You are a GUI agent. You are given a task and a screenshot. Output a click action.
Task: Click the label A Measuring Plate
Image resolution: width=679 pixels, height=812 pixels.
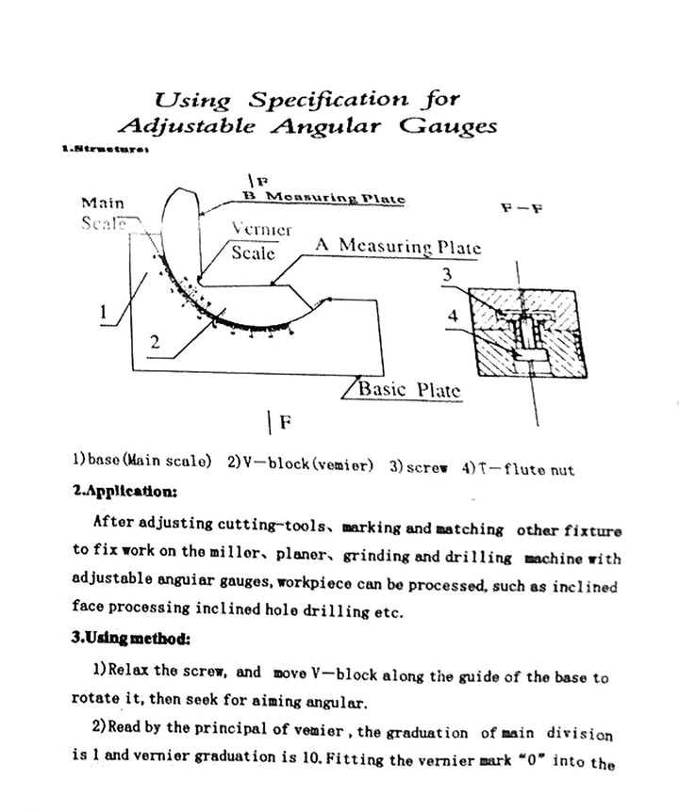[x=397, y=247]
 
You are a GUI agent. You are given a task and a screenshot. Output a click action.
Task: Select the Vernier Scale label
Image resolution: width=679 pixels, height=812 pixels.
[x=259, y=241]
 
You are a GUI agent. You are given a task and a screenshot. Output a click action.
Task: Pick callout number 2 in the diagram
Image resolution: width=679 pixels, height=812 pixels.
[x=156, y=343]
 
